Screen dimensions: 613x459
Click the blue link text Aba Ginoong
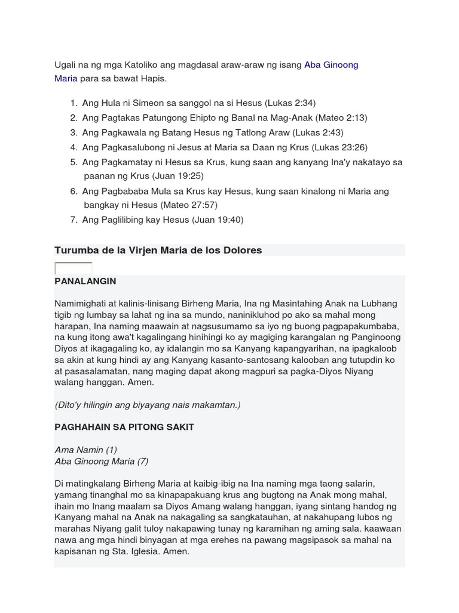point(331,65)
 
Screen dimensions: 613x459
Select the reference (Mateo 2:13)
point(341,118)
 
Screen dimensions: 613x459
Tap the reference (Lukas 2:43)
point(318,132)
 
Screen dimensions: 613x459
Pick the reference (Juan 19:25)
point(178,176)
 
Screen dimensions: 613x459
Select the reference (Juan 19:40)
point(218,220)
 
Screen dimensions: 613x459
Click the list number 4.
point(73,147)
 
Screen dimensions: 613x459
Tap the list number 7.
point(73,220)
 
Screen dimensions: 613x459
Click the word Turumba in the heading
point(76,250)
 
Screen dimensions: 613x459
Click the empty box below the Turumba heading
point(73,268)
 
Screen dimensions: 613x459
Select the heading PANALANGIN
point(85,281)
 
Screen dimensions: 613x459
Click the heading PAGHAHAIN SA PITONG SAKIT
point(124,427)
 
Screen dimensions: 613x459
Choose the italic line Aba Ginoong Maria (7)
point(102,461)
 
